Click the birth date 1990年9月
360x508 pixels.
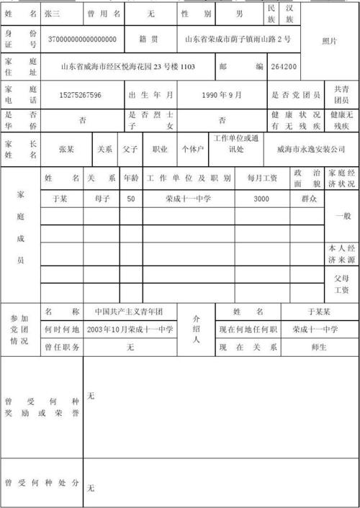[x=222, y=95]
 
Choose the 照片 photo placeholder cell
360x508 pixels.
[x=329, y=41]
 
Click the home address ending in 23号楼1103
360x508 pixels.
[x=128, y=67]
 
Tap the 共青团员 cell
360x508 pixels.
[x=342, y=95]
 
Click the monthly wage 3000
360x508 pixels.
[x=261, y=196]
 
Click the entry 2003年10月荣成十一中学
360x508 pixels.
[x=130, y=329]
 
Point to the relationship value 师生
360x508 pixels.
[x=320, y=347]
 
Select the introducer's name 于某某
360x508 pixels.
[x=320, y=312]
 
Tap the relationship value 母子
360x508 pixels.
[x=102, y=196]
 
